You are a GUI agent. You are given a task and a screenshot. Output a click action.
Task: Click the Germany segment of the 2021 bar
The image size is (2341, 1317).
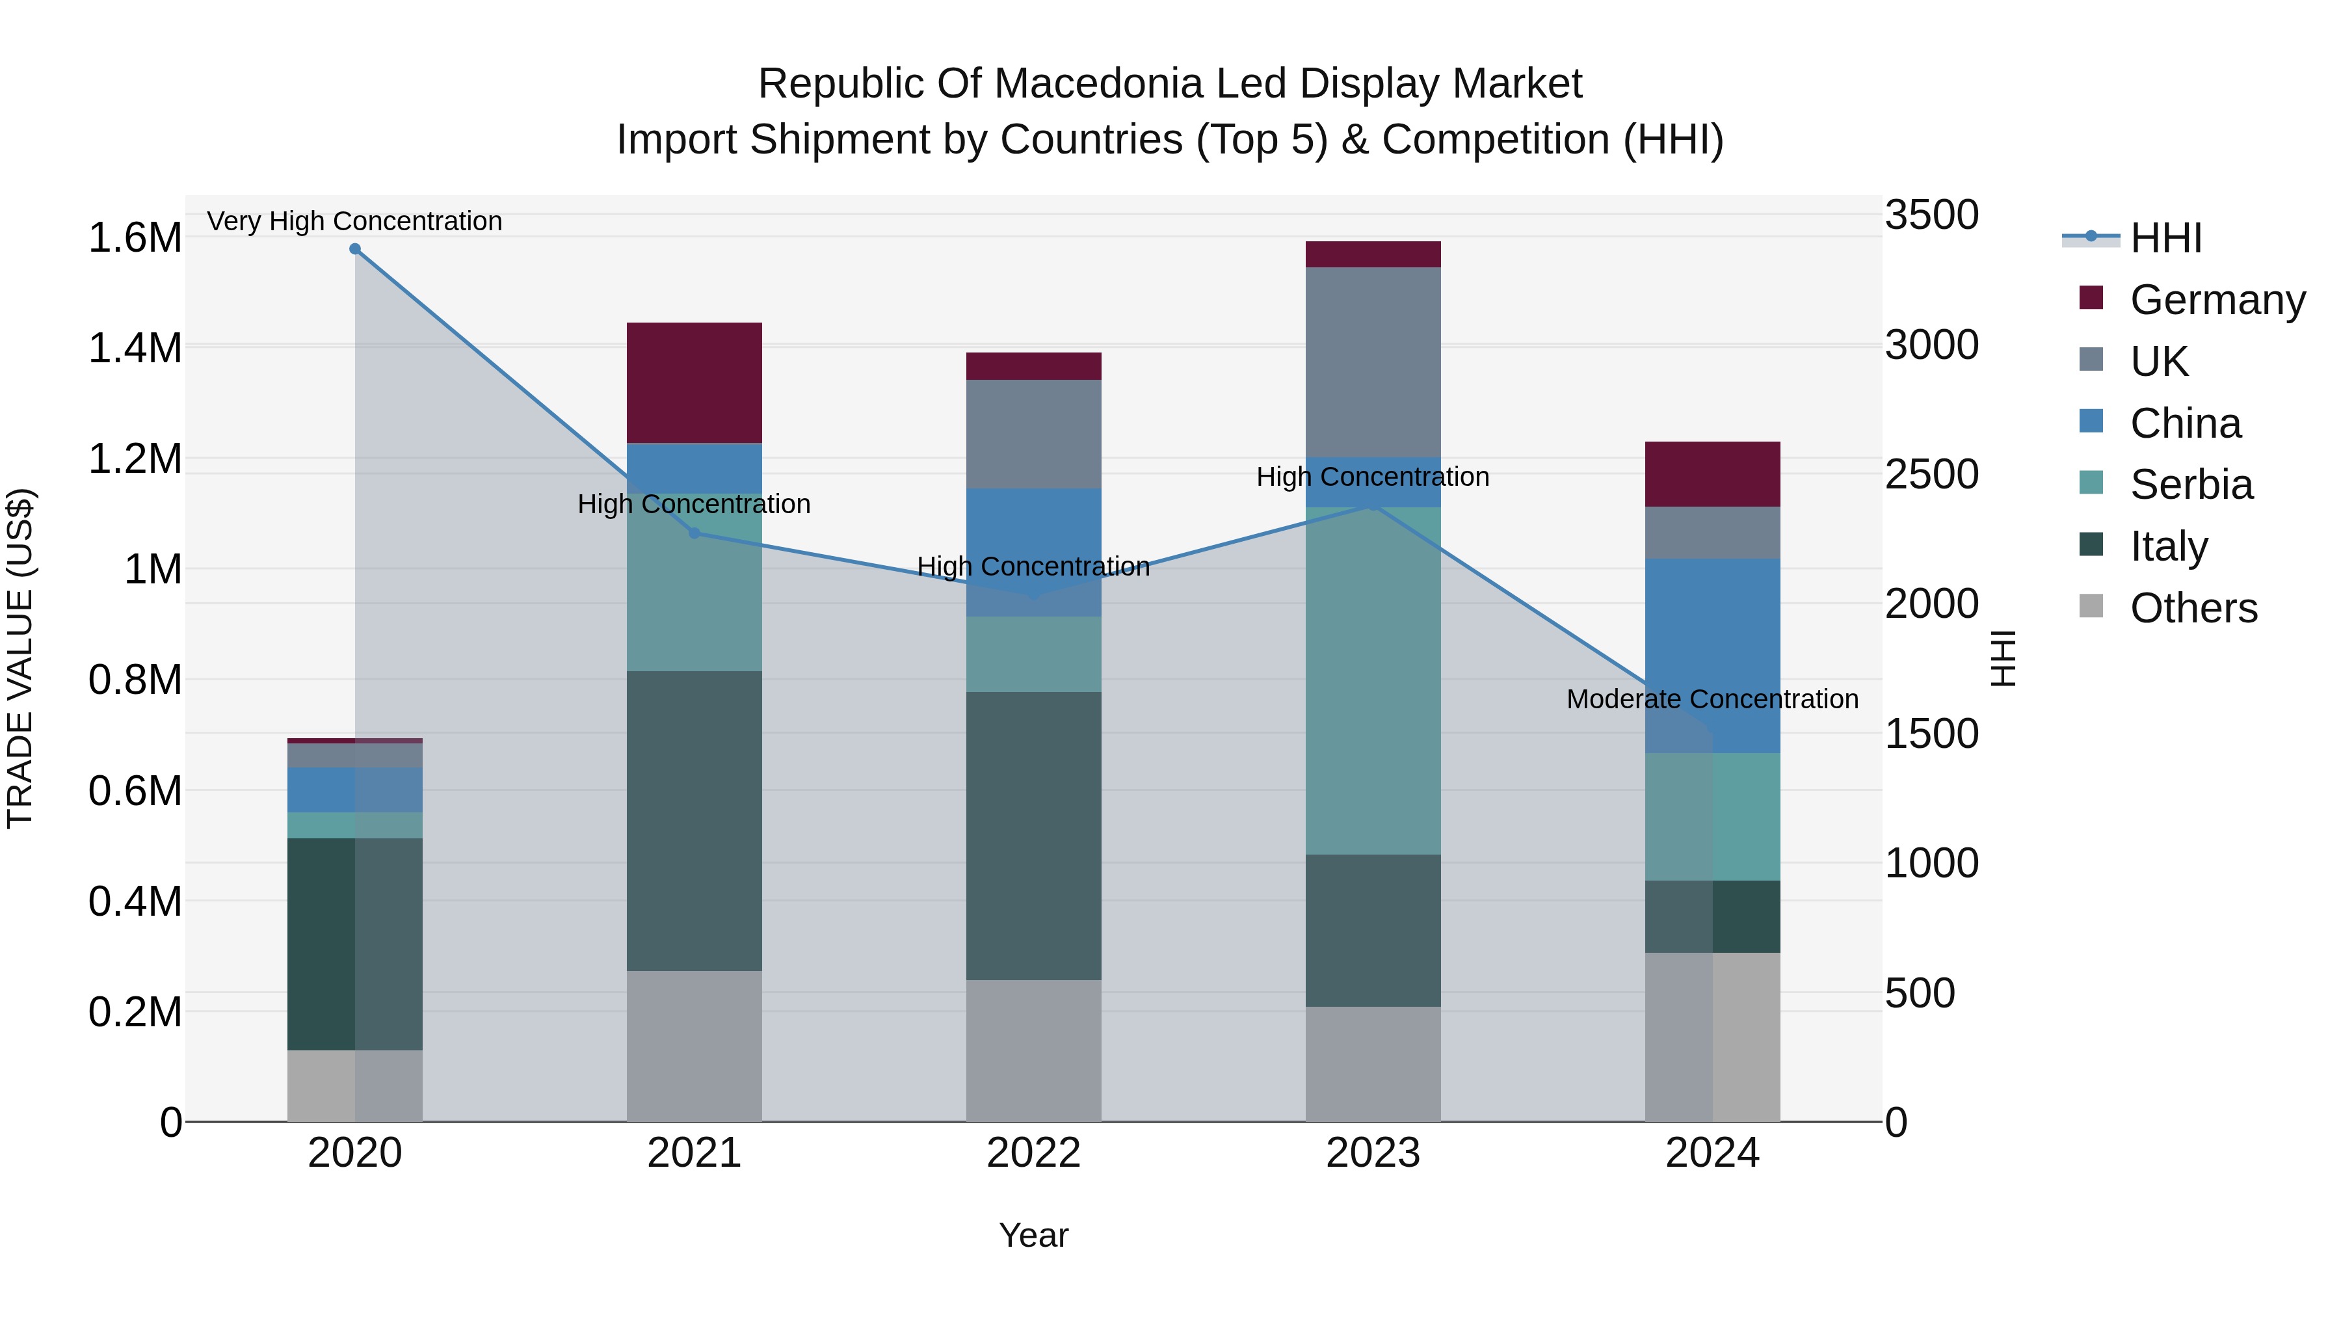(x=694, y=382)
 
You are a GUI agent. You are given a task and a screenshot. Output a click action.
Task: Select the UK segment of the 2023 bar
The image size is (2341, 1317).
(x=1373, y=362)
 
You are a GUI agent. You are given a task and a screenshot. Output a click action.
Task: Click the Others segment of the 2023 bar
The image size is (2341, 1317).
(x=1373, y=1063)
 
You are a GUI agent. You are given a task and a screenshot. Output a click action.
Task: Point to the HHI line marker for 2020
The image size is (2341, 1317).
(x=355, y=249)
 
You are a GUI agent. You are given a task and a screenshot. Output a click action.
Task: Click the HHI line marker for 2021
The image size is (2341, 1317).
(x=694, y=533)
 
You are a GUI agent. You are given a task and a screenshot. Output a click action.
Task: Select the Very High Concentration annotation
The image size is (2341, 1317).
(x=354, y=221)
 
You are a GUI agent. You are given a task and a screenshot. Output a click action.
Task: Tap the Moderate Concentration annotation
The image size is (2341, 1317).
(x=1712, y=699)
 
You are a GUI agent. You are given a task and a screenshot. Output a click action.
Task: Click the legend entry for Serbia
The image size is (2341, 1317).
(x=2190, y=485)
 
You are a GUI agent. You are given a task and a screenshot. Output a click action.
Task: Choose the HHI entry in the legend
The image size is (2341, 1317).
(x=2165, y=238)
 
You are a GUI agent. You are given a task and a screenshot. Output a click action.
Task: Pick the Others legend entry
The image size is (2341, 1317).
(x=2192, y=608)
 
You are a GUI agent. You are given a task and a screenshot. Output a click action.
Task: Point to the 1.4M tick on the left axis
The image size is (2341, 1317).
(x=135, y=348)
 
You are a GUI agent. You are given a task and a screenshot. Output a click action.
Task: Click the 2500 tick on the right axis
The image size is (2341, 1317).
(x=1931, y=475)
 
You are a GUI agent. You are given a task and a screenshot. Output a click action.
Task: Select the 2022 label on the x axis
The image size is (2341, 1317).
(x=1033, y=1153)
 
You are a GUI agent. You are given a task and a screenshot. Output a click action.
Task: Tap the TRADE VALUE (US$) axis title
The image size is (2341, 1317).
(x=20, y=658)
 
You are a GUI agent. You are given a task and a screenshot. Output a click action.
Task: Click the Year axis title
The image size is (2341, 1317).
(x=1033, y=1235)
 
